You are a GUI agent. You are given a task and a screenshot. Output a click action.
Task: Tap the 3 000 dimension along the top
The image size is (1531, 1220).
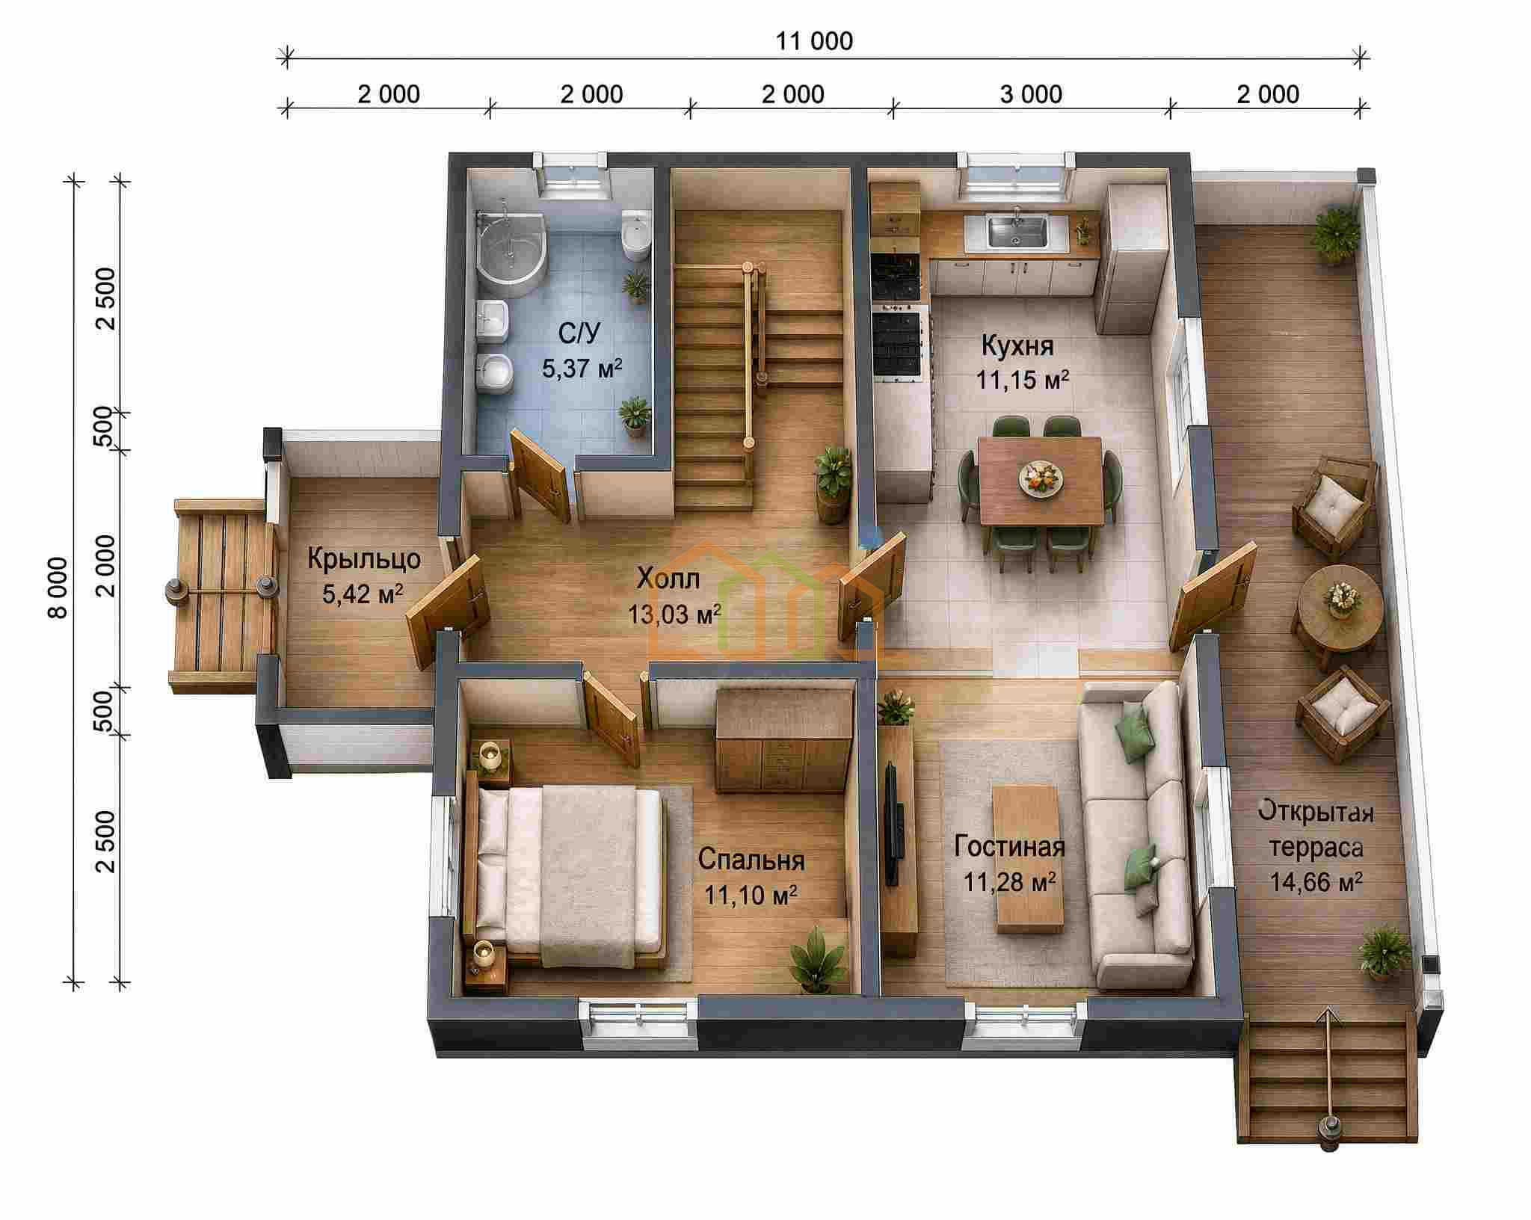tap(1031, 94)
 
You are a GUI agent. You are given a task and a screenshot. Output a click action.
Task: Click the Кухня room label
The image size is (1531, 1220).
tap(1017, 346)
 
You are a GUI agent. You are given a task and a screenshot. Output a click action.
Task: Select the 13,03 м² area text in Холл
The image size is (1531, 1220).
tap(675, 614)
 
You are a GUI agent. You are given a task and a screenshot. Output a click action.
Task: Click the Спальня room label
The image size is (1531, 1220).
tap(751, 860)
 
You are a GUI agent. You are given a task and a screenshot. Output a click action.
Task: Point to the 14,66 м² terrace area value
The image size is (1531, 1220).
tap(1316, 882)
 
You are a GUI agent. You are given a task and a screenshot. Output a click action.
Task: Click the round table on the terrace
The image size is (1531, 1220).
tap(1339, 609)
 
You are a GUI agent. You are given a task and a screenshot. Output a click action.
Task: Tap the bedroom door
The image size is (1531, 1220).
tap(611, 718)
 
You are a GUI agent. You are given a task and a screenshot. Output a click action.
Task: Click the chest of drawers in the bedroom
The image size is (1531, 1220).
tap(784, 740)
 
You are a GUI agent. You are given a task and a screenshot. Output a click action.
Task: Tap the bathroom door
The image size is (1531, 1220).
tap(540, 475)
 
